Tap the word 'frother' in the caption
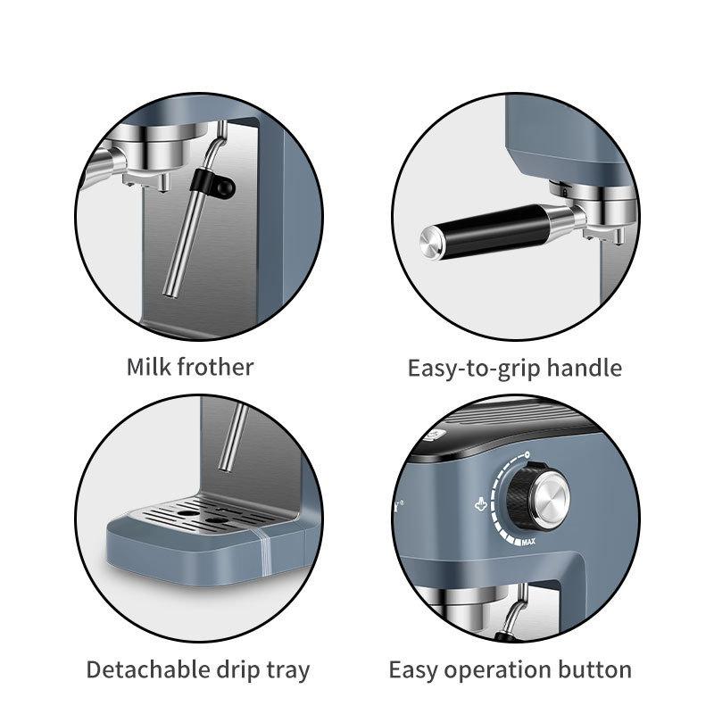click(x=215, y=367)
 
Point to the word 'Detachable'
click(x=148, y=670)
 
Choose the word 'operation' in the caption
click(x=497, y=672)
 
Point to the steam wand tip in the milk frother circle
click(x=170, y=294)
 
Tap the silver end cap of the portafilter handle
click(x=430, y=243)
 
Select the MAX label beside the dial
click(x=528, y=542)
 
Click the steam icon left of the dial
click(x=480, y=504)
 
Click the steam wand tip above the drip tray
click(x=224, y=467)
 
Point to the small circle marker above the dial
click(x=527, y=454)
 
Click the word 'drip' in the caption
click(x=238, y=672)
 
